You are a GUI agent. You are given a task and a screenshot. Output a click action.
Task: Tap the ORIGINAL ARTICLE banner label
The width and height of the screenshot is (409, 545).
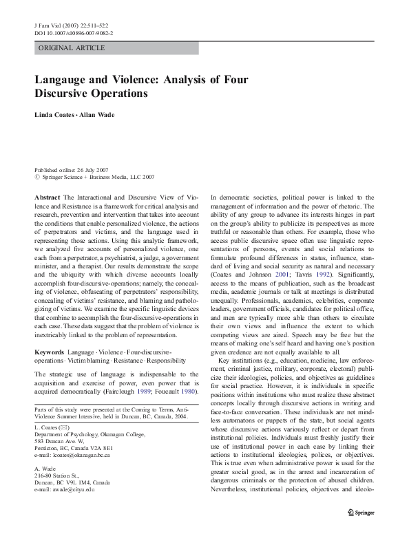pos(72,48)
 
